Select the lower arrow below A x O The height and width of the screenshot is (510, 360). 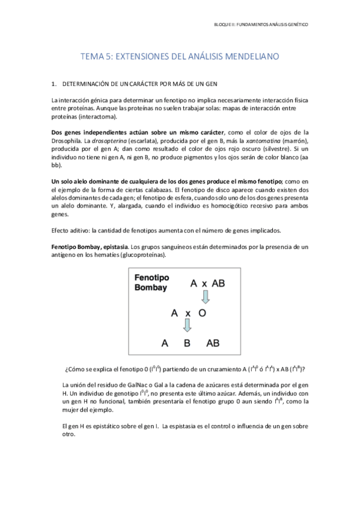(187, 325)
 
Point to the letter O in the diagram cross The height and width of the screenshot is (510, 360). (203, 313)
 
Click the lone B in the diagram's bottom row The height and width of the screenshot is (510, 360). (187, 343)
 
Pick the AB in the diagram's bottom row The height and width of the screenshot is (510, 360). (212, 343)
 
